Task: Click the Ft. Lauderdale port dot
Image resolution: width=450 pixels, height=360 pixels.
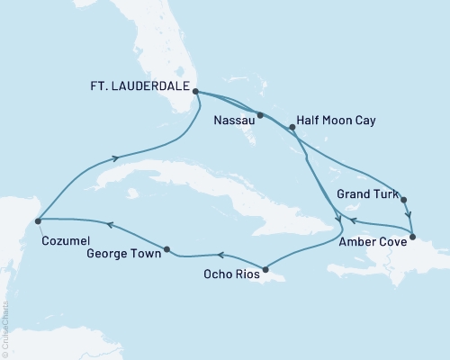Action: point(195,91)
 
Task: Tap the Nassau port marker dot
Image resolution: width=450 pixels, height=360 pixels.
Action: point(259,115)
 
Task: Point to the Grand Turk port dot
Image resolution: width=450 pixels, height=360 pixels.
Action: point(403,200)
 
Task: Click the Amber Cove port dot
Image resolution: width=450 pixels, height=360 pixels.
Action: point(412,238)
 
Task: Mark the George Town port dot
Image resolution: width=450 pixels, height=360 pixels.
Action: point(167,248)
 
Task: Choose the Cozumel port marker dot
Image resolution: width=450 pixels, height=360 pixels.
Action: point(37,219)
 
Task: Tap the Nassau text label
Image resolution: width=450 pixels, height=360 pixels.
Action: point(234,117)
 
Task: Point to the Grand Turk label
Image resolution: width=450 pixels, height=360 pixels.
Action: point(364,192)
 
